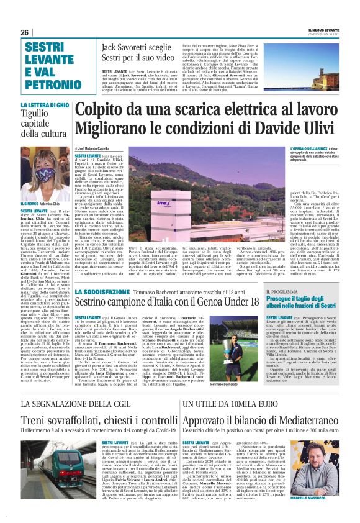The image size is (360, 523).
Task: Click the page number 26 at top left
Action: tap(25, 32)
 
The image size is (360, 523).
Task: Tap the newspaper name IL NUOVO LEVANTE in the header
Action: tap(323, 30)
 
